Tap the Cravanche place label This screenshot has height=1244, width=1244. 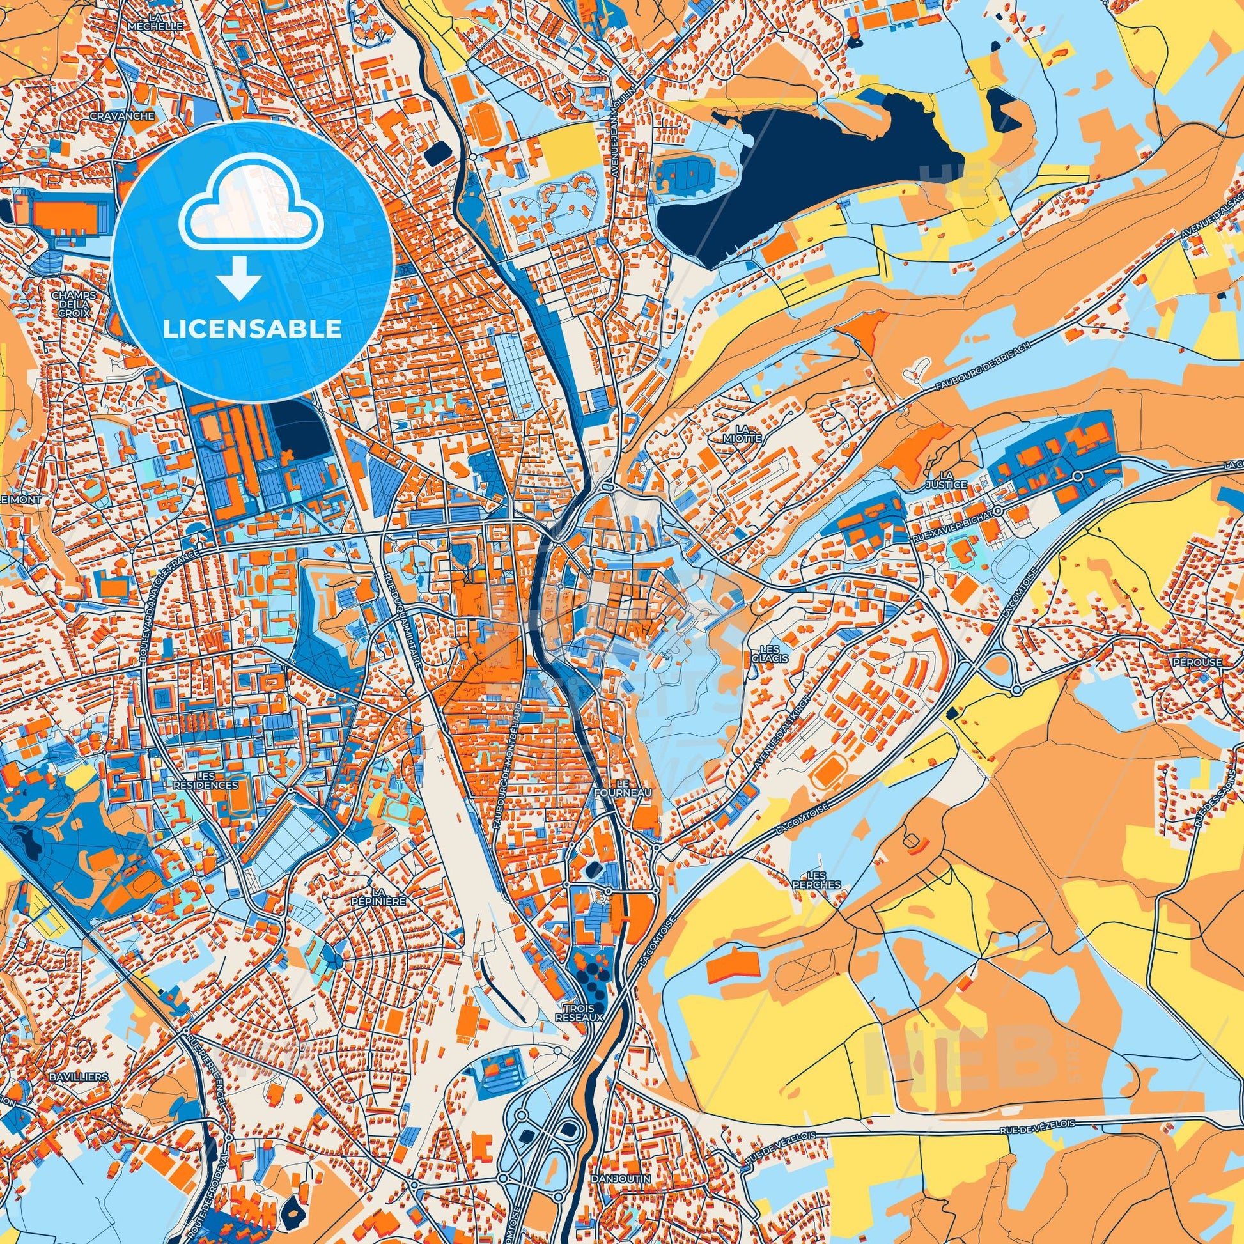tap(122, 116)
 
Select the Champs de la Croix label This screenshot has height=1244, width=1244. tap(75, 304)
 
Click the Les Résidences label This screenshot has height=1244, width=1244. tap(205, 781)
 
